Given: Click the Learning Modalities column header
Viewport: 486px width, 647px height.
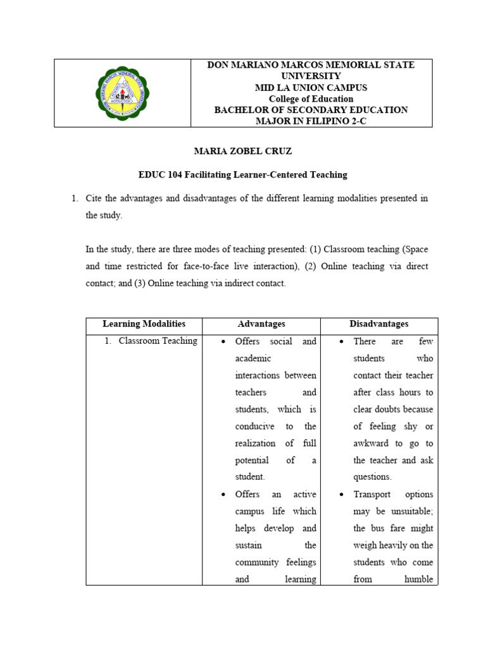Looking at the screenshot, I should point(144,324).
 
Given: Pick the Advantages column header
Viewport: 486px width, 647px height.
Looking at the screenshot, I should point(261,324).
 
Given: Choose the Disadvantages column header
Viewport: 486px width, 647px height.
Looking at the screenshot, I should point(379,324).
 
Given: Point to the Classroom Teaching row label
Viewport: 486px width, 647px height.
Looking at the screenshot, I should point(158,341).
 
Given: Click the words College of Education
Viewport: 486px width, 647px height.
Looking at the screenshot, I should point(311,99).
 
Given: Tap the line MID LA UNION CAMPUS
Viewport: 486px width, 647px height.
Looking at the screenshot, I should point(311,87).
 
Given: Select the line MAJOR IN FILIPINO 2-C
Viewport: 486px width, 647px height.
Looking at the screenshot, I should point(311,121).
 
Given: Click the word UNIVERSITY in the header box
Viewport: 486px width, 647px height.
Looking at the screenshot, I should point(311,76).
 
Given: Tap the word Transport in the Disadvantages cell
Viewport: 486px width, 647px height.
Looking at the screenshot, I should point(372,495).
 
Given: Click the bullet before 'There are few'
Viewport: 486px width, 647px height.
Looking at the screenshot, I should point(341,342).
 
